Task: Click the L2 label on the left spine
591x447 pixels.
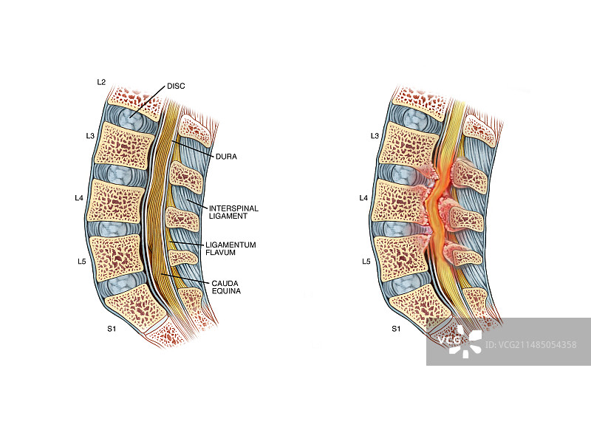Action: (x=101, y=81)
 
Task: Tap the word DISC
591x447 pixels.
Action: (x=176, y=86)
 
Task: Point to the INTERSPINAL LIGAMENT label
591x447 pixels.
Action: (x=233, y=213)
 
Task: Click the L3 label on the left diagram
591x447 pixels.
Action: (x=90, y=136)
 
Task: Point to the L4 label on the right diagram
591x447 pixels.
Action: (x=363, y=198)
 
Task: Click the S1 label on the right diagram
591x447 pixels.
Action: (x=395, y=328)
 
